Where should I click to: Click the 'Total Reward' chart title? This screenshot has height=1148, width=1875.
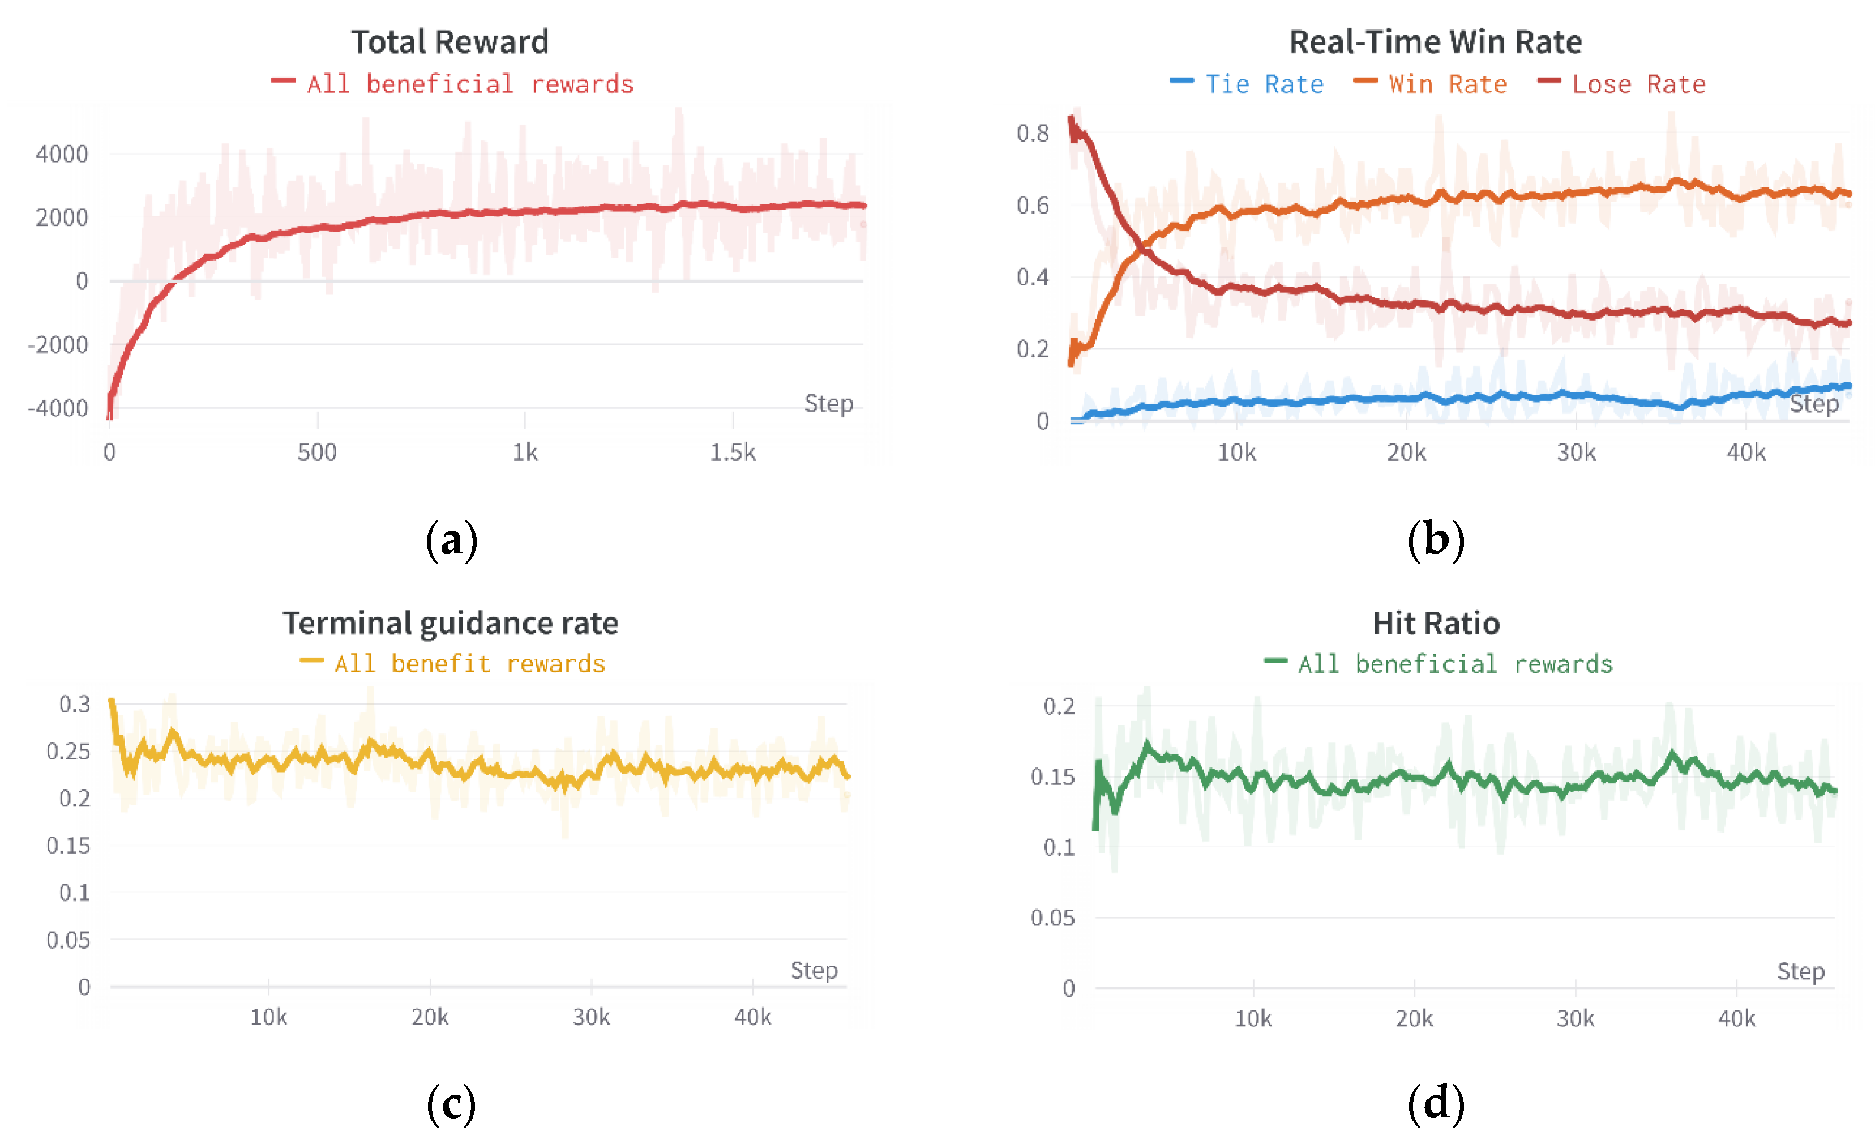pyautogui.click(x=449, y=42)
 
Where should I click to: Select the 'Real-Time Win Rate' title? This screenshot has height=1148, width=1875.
pyautogui.click(x=1435, y=42)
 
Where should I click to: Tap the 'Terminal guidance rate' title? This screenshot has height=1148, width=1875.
pyautogui.click(x=450, y=624)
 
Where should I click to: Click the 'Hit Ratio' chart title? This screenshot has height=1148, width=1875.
pyautogui.click(x=1436, y=624)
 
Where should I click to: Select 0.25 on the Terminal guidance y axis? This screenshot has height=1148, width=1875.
pyautogui.click(x=68, y=752)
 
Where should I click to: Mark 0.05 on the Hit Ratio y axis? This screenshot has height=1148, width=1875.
pyautogui.click(x=1052, y=918)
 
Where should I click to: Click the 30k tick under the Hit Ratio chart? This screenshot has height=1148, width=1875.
pyautogui.click(x=1575, y=1018)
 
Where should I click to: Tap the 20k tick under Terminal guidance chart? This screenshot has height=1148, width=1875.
pyautogui.click(x=430, y=1017)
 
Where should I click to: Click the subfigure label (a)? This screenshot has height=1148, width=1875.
pyautogui.click(x=451, y=540)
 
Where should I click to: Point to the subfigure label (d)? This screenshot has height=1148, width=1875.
pyautogui.click(x=1435, y=1103)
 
